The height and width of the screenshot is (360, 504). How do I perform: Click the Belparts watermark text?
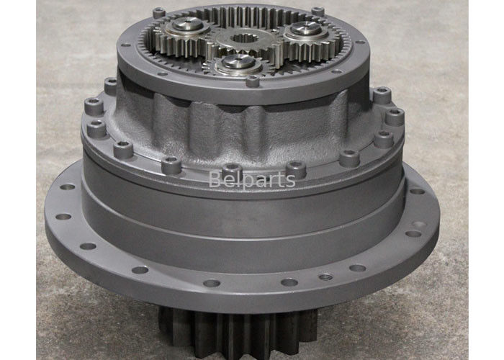[252, 180]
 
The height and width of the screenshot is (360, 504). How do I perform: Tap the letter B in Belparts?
[215, 179]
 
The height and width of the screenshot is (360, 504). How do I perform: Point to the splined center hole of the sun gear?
[245, 39]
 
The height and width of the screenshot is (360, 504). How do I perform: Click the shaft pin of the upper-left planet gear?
[188, 24]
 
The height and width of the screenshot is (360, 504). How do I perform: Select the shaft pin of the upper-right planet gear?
[306, 29]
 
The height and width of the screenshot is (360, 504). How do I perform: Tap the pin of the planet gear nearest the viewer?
[238, 61]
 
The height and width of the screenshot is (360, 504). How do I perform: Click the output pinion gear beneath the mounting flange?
[238, 332]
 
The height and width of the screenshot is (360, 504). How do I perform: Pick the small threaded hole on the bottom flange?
[325, 276]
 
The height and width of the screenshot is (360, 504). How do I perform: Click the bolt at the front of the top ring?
[252, 81]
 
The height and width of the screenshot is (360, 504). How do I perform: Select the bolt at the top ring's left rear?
[159, 12]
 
